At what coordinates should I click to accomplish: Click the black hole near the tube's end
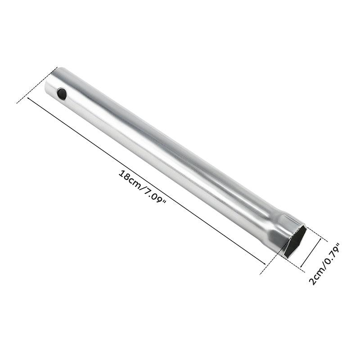pyautogui.click(x=62, y=94)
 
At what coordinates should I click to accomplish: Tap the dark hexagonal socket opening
pyautogui.click(x=295, y=242)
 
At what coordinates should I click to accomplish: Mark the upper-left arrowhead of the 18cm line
pyautogui.click(x=29, y=99)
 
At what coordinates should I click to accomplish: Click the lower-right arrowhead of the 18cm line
pyautogui.click(x=264, y=263)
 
